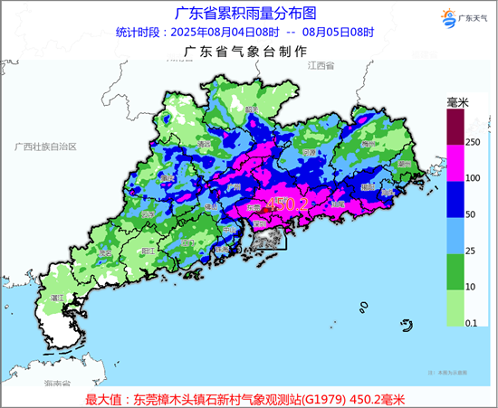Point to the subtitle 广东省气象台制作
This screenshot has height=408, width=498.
(x=244, y=52)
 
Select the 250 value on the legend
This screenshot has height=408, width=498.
(x=471, y=142)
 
